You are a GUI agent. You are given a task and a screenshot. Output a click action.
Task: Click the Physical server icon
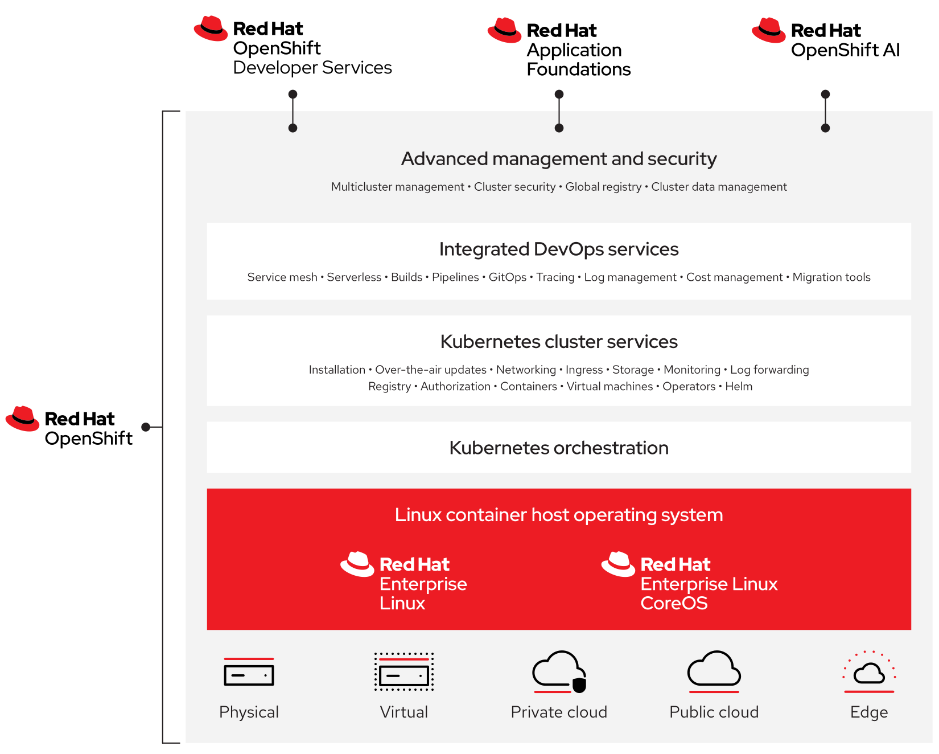249,672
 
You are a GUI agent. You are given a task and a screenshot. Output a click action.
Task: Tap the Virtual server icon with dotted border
404,672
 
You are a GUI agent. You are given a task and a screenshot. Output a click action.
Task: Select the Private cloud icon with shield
559,672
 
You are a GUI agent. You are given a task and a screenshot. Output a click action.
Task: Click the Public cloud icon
714,670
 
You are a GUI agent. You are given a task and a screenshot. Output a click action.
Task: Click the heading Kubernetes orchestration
558,448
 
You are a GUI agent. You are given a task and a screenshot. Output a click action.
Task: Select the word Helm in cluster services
738,387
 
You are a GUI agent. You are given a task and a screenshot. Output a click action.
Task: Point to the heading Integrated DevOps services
558,249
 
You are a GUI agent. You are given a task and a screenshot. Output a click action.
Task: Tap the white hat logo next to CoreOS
617,564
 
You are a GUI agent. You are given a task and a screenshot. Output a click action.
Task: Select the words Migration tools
831,277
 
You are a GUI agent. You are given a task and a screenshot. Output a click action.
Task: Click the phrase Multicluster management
397,187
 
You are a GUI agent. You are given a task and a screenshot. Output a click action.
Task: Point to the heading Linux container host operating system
558,515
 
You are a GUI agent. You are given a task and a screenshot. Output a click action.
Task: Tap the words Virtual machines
609,387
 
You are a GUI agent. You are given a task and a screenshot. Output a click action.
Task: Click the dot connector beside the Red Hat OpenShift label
146,427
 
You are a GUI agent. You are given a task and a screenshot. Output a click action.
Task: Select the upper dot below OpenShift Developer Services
293,94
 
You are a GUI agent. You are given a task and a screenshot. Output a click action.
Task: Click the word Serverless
354,277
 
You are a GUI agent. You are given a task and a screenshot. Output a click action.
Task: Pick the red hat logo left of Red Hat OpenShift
22,419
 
